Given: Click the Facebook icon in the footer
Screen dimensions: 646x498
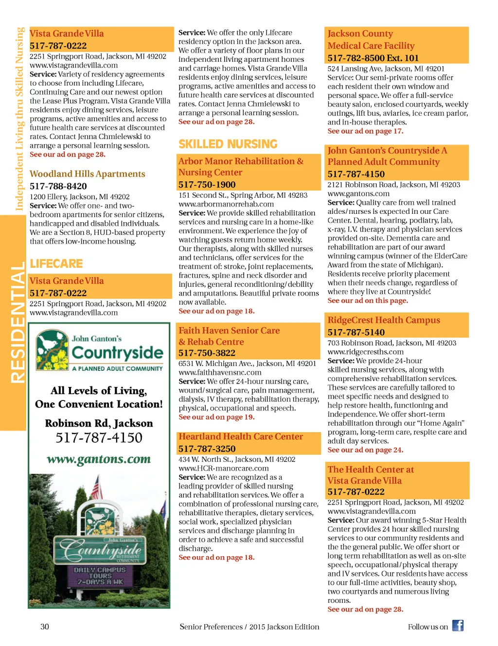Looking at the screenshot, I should click(458, 626).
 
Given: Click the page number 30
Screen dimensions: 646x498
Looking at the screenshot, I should click(45, 627).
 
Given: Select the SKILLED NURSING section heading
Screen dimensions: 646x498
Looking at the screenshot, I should click(228, 144).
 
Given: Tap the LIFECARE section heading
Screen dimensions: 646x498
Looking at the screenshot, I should click(56, 264).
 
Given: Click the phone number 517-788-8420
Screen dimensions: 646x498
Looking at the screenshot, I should click(58, 186).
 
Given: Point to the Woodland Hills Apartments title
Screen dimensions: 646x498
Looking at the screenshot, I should click(88, 174).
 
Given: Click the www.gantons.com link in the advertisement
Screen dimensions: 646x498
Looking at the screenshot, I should click(99, 459).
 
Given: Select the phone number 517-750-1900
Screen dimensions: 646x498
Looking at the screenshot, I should click(207, 185).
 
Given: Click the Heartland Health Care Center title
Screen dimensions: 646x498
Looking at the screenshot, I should click(241, 436).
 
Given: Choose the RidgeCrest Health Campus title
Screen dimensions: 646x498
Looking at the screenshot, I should click(384, 320).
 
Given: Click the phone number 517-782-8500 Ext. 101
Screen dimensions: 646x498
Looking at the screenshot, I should click(373, 58).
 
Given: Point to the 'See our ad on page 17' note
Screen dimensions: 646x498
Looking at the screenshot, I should click(365, 131).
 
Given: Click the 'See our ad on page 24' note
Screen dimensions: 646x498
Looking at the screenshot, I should click(365, 450).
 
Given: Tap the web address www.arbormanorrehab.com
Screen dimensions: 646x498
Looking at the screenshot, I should click(226, 204).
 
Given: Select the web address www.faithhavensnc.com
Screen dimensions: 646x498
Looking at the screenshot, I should click(220, 372).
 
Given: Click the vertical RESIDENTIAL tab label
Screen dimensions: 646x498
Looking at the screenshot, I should click(17, 323).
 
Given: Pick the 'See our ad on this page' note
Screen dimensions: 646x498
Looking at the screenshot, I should click(368, 301).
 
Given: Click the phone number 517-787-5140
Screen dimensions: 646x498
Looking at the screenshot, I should click(356, 332).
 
